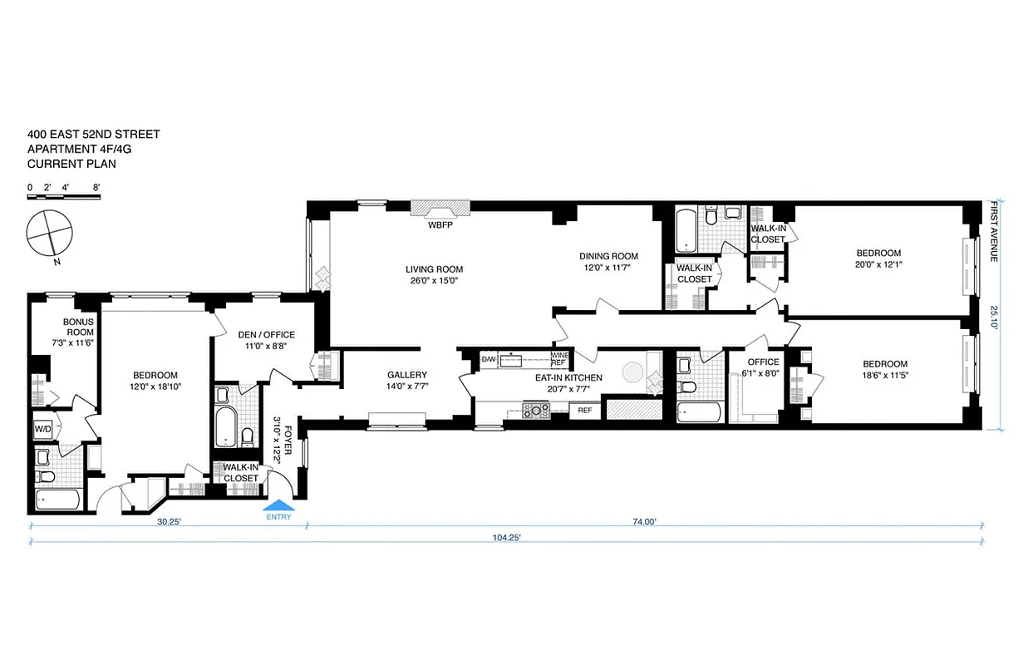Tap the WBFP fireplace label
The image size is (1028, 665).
[440, 225]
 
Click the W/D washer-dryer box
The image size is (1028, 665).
[42, 430]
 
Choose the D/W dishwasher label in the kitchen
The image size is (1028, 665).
[489, 359]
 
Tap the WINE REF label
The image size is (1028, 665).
[558, 359]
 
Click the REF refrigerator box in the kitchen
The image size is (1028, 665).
[585, 410]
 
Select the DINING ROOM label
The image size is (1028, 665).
[608, 256]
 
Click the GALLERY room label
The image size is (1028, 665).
[407, 375]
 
